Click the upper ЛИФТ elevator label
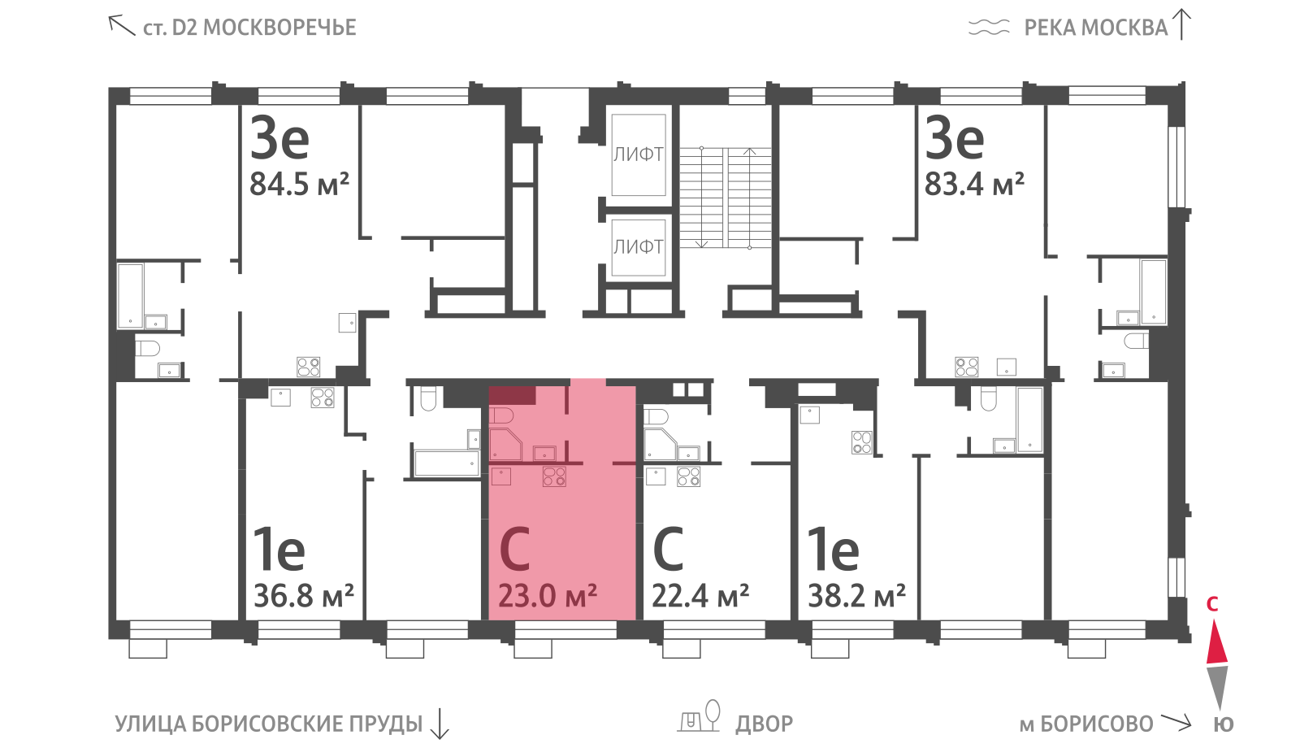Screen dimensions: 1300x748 [x=639, y=154]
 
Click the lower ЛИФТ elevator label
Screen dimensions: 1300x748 [x=639, y=247]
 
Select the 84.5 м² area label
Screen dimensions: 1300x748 [x=300, y=184]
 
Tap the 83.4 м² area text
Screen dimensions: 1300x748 [x=974, y=184]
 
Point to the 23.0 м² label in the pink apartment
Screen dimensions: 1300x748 [x=548, y=596]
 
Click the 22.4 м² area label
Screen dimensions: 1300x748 [x=700, y=596]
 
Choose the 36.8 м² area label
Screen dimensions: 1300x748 [x=304, y=596]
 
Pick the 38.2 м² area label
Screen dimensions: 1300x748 [x=857, y=596]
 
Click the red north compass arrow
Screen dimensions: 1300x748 [x=1217, y=641]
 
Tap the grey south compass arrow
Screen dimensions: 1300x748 [x=1217, y=688]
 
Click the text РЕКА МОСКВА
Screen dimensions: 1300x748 [x=1096, y=28]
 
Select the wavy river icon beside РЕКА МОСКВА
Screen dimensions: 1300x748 [x=989, y=28]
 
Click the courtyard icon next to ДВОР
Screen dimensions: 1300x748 [x=699, y=716]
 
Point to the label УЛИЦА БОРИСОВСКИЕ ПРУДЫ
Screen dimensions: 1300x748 [x=269, y=724]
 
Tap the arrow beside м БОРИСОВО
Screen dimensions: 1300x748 [x=1175, y=722]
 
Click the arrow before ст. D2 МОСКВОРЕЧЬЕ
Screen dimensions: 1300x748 [x=122, y=25]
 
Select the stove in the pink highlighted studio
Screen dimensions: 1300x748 [x=554, y=476]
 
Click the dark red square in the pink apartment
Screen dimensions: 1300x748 [x=512, y=395]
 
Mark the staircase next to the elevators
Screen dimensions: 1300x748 [x=726, y=198]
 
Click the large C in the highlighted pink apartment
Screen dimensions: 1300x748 [x=515, y=549]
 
